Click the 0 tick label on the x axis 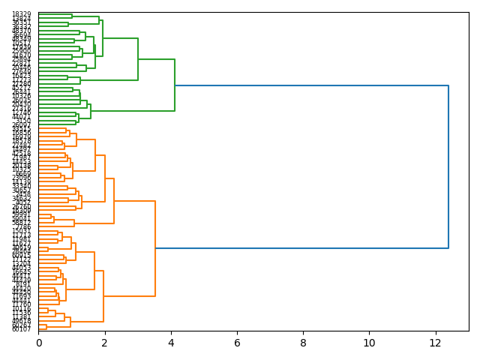click(39, 343)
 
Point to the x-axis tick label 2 click(105, 343)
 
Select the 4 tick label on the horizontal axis click(171, 343)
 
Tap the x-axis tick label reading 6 click(237, 343)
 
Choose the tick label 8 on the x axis click(303, 343)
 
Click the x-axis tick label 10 click(369, 343)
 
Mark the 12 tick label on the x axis click(435, 343)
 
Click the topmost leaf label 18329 click(21, 14)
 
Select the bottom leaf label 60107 click(21, 329)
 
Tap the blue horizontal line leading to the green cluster click(311, 85)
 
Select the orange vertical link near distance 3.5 click(155, 248)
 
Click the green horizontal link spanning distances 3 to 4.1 click(156, 59)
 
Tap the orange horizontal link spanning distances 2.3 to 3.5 click(134, 201)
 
